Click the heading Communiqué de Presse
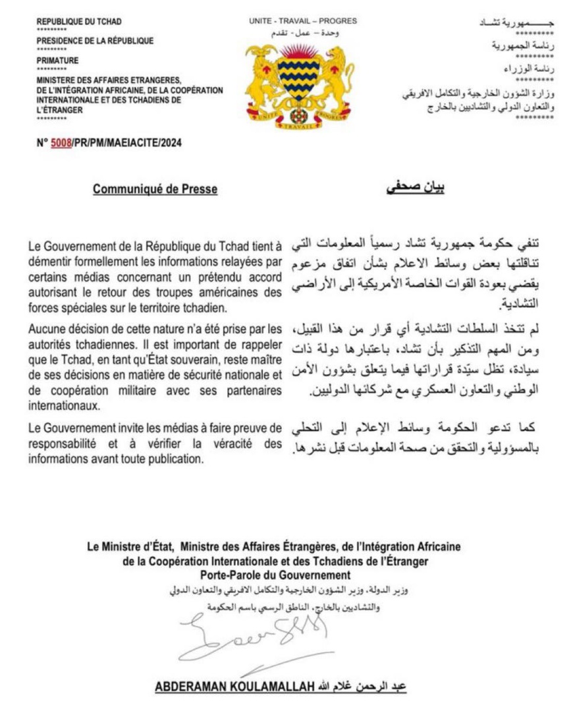click(x=155, y=190)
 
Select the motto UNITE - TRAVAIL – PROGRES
click(x=303, y=21)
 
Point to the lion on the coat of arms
click(x=339, y=76)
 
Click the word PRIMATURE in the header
click(x=57, y=60)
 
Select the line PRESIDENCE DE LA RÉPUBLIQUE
click(x=95, y=41)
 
